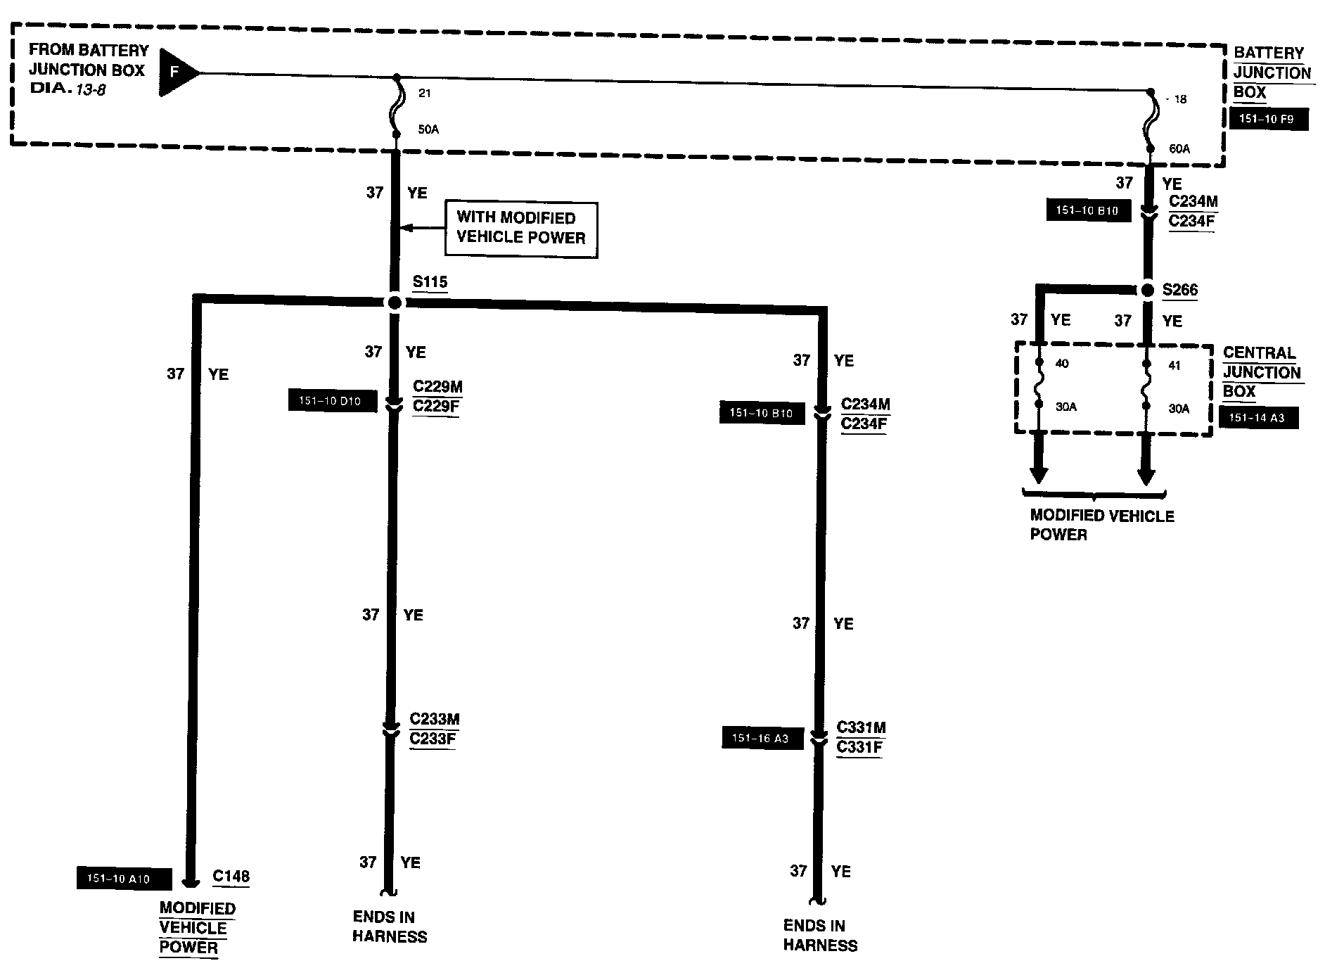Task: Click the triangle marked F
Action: pos(176,72)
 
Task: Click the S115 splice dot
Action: pos(395,302)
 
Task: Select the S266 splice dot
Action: pos(1147,290)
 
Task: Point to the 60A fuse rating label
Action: pos(1179,149)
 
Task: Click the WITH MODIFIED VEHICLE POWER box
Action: pos(520,229)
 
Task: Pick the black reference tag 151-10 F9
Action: pos(1270,119)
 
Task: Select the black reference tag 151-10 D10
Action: pos(332,401)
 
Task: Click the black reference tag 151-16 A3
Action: pos(762,739)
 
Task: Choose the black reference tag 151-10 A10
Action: pos(122,878)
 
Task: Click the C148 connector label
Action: pos(231,876)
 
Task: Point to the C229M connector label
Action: pos(437,387)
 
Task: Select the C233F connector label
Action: pos(433,739)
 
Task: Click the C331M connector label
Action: pos(861,727)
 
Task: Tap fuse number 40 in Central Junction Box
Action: pos(1062,364)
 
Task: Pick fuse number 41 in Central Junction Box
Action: pos(1174,365)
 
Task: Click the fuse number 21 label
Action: pos(424,93)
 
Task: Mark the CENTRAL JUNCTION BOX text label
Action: pos(1261,372)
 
